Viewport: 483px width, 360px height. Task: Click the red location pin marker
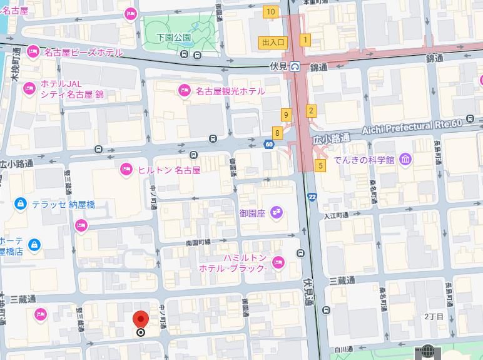tap(141, 319)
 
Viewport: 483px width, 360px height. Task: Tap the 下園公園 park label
tap(173, 38)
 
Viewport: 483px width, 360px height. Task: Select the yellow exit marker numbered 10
tap(270, 12)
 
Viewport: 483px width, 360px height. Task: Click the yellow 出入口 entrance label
tap(273, 43)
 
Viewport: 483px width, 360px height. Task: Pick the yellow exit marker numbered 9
tap(286, 115)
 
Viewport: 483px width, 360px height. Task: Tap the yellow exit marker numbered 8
tap(277, 133)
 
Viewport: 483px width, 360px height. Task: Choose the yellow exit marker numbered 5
tap(320, 166)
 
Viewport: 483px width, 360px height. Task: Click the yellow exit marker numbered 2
tap(311, 111)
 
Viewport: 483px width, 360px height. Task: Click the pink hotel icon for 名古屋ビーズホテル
tap(33, 52)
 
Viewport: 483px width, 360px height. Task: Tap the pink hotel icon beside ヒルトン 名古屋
tap(126, 169)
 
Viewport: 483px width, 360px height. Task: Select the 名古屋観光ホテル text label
tap(230, 91)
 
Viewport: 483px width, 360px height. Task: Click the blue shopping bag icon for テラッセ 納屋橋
tap(21, 204)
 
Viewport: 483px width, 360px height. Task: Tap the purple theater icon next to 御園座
tap(276, 213)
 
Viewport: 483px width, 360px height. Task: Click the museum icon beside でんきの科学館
tap(406, 160)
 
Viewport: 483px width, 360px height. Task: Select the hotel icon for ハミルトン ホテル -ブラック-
tap(278, 262)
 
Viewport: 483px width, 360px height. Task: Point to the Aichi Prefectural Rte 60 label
tap(412, 127)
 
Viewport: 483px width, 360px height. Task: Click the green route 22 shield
tap(312, 197)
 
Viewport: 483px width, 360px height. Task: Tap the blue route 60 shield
tap(269, 145)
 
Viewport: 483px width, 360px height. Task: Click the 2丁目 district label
tap(434, 317)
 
